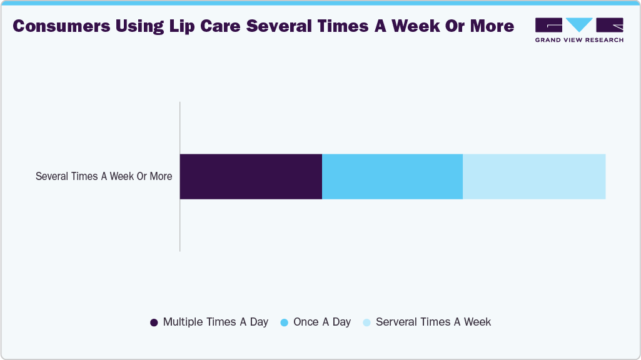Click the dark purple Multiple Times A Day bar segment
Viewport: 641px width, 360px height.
tap(251, 176)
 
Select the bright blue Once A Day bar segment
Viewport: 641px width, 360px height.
tap(392, 176)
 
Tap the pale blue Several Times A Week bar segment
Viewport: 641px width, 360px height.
tap(534, 176)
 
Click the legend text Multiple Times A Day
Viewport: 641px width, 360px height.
tap(215, 322)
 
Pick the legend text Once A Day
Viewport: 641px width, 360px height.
tap(321, 322)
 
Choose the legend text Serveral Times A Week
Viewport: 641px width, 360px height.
tap(433, 322)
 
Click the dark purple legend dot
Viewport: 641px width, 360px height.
tap(154, 322)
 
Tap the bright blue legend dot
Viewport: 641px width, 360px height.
tap(284, 322)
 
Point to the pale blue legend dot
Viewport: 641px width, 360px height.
tap(366, 322)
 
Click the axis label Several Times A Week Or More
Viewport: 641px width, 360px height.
tap(104, 176)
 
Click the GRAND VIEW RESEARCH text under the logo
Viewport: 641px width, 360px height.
tap(579, 40)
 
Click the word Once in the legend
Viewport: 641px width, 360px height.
tap(306, 322)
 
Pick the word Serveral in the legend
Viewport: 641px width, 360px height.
tap(396, 322)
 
